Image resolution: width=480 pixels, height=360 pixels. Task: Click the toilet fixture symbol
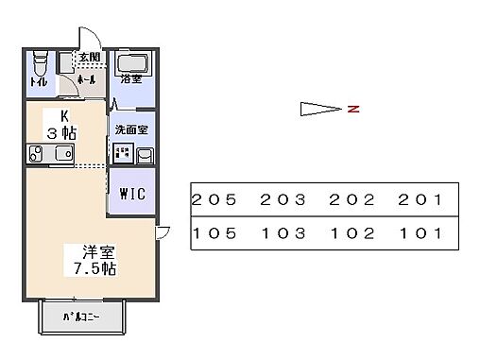[x=39, y=65]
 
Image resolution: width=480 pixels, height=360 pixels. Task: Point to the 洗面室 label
[x=129, y=128]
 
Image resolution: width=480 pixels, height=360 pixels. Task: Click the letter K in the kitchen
[x=64, y=115]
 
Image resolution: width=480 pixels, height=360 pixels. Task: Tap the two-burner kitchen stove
[x=37, y=154]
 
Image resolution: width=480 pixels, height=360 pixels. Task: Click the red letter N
[x=352, y=110]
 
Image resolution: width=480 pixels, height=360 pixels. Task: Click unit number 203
[x=282, y=200]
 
